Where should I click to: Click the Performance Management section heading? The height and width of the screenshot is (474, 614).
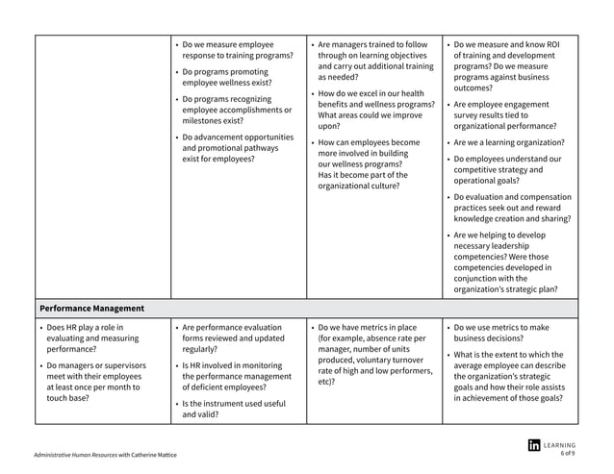coord(92,309)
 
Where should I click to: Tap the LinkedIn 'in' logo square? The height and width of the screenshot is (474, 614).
coord(534,445)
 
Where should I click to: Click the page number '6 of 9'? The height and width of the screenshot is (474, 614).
coord(567,454)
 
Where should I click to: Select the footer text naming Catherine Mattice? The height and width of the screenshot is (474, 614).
coord(105,454)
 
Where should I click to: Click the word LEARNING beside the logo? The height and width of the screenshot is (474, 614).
coord(559,445)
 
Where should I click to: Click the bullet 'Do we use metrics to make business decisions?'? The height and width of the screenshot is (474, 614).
coord(506,333)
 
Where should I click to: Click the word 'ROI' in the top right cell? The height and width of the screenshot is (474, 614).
coord(552,44)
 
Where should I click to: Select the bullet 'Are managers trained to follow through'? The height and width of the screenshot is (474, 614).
coord(373,61)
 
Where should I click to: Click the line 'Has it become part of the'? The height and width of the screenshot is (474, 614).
coord(363,175)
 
